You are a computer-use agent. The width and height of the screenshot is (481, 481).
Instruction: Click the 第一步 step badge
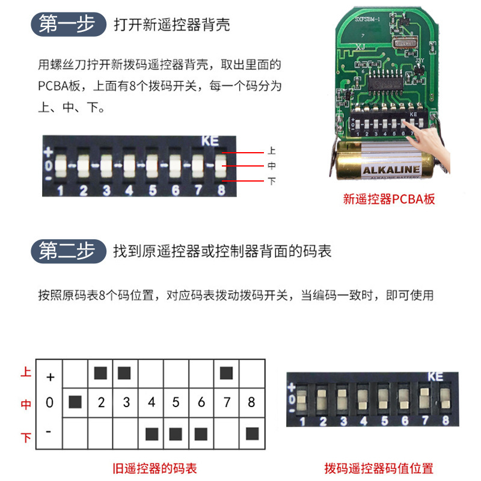[67, 25]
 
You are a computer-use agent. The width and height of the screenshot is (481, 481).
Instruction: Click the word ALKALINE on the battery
[391, 170]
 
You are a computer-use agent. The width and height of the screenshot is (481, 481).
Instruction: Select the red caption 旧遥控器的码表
[155, 468]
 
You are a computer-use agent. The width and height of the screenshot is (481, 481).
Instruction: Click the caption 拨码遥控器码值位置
[379, 468]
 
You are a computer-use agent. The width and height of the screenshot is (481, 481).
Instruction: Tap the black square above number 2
[100, 373]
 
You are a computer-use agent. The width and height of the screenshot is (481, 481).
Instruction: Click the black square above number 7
[226, 373]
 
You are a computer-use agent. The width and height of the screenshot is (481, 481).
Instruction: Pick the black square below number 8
[252, 432]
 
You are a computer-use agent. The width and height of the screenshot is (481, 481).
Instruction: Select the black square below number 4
[152, 433]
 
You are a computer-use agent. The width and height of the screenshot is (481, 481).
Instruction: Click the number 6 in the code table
[201, 402]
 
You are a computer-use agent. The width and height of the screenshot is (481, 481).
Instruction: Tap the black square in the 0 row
[75, 402]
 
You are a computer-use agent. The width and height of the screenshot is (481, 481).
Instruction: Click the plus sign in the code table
[51, 377]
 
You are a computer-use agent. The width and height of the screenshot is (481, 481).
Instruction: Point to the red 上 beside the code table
[26, 373]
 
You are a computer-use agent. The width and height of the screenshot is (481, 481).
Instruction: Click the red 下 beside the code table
[26, 438]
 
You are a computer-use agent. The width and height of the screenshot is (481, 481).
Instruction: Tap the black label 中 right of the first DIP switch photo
[272, 167]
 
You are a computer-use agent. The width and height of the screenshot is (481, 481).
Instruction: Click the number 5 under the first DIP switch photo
[152, 191]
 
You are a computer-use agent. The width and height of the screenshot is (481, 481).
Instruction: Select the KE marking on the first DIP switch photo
[210, 142]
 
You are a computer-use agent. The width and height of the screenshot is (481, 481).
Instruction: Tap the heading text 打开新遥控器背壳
[171, 25]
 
